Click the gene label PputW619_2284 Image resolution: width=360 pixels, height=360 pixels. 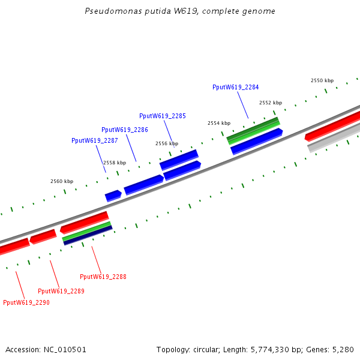(x=236, y=87)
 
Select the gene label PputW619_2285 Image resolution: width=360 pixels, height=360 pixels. (x=163, y=116)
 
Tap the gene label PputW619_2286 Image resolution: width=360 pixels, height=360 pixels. (x=125, y=130)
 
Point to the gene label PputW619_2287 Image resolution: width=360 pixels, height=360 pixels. (x=95, y=140)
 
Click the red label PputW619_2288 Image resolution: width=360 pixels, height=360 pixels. (x=103, y=277)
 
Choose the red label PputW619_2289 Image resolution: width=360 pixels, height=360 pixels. (x=61, y=291)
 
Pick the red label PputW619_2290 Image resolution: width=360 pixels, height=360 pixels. (x=26, y=302)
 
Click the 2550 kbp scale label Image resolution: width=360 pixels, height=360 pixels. (x=322, y=80)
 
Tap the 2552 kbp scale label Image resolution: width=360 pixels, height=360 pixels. (x=271, y=103)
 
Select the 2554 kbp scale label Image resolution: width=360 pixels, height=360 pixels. (x=219, y=123)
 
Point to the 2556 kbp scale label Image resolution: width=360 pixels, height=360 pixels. (x=167, y=143)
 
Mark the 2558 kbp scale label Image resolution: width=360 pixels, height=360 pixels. (x=115, y=163)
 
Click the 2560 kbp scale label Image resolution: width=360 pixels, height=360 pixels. (x=62, y=181)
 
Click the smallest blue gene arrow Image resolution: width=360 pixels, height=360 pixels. (x=113, y=196)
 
